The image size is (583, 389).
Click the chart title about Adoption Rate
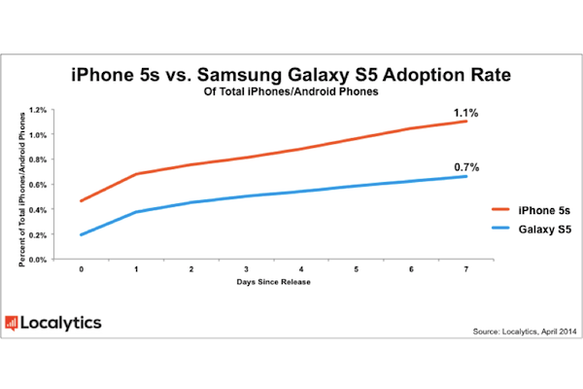[291, 75]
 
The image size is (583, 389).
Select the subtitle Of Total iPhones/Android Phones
[291, 91]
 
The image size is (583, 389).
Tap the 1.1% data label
[465, 113]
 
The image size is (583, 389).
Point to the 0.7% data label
[466, 167]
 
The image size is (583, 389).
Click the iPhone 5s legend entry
[531, 210]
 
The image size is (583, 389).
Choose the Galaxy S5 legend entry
[532, 230]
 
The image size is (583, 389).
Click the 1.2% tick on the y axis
[38, 110]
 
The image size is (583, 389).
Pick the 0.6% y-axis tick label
[38, 185]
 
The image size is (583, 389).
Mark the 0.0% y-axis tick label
[38, 260]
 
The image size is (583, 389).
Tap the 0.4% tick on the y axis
[38, 210]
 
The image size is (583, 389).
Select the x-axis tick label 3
[246, 269]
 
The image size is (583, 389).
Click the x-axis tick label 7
[466, 269]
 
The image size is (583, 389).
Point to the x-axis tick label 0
[81, 269]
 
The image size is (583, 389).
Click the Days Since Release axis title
[273, 282]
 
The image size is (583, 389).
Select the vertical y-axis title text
[22, 190]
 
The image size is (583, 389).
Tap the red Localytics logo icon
[11, 323]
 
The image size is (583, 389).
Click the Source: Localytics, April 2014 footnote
[525, 332]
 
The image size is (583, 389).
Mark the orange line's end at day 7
[466, 121]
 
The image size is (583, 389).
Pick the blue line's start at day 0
[81, 235]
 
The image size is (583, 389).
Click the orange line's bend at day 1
[136, 174]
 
